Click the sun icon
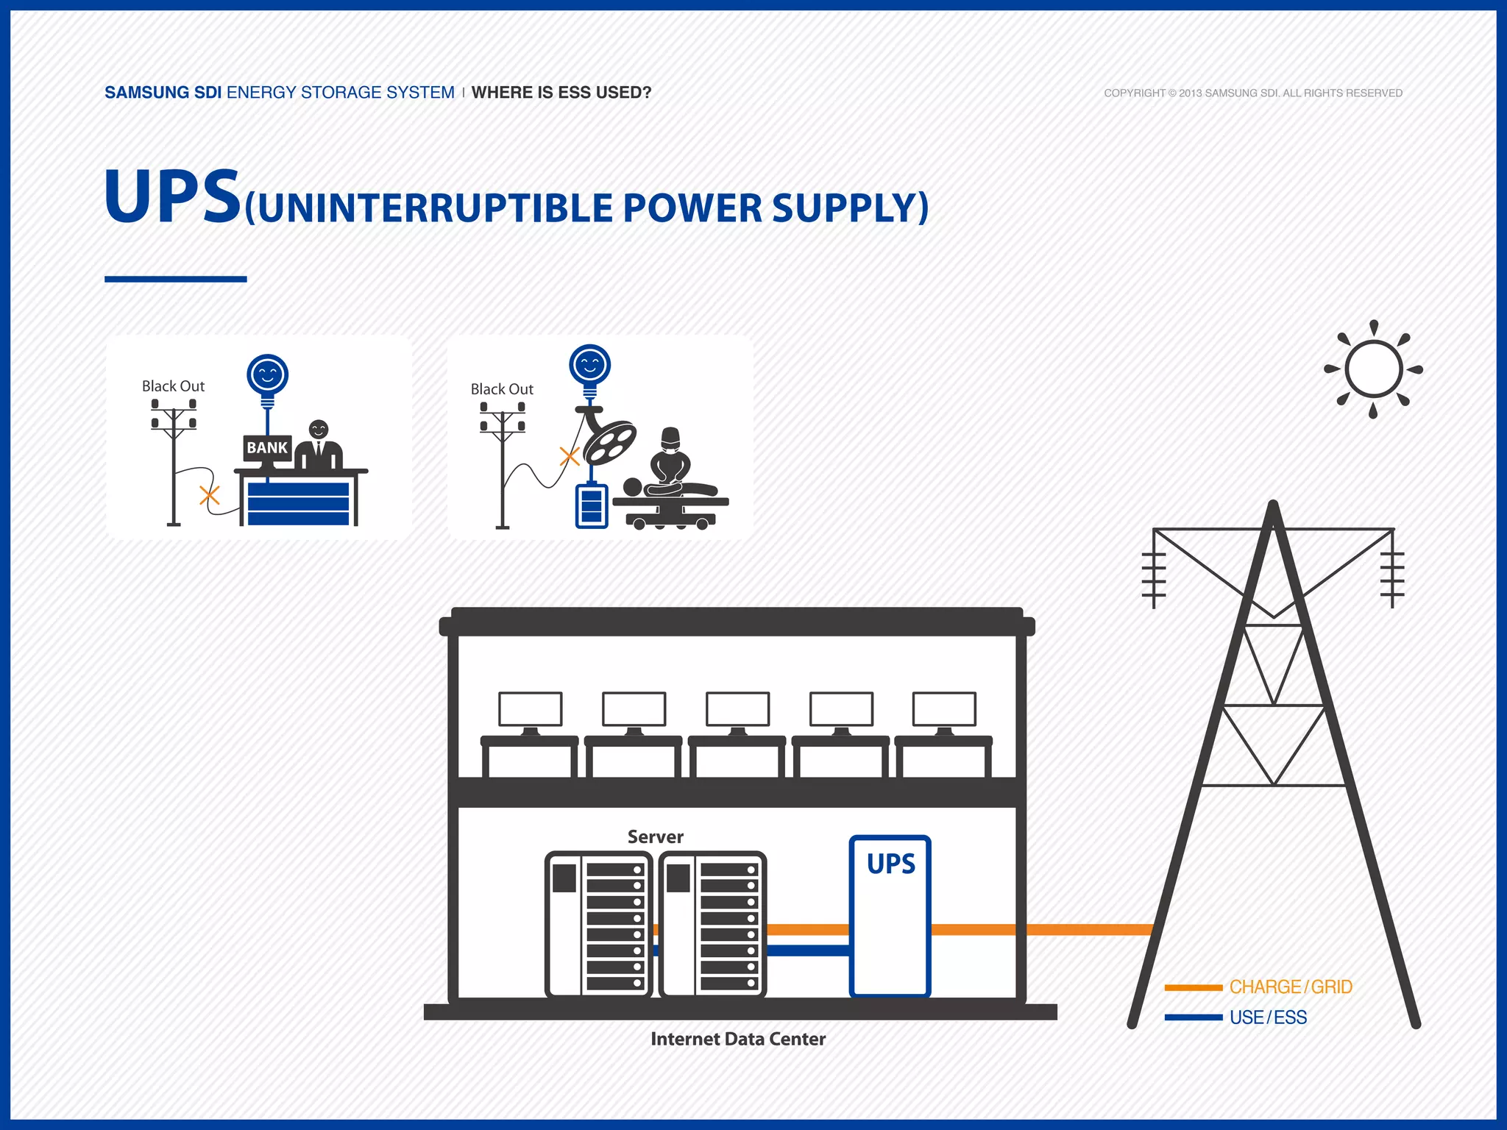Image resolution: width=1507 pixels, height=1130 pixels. (x=1373, y=369)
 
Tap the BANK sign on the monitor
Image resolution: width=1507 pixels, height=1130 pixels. (x=267, y=447)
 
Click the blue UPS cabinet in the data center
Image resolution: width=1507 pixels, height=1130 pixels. (x=890, y=917)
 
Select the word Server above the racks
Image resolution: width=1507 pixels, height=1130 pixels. (x=655, y=836)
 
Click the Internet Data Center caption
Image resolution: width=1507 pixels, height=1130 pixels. (x=738, y=1039)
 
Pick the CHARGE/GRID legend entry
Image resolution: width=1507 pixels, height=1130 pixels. (x=1290, y=987)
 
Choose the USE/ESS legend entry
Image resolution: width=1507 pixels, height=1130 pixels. (x=1268, y=1017)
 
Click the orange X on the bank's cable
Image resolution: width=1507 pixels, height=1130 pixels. (x=210, y=495)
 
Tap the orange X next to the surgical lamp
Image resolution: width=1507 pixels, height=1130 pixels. (x=570, y=456)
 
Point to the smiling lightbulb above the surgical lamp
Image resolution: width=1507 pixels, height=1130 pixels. (x=590, y=366)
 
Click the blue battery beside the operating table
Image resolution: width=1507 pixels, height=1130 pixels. (x=592, y=505)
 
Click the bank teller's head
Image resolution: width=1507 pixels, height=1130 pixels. (x=319, y=429)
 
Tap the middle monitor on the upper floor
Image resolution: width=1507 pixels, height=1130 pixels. (x=737, y=710)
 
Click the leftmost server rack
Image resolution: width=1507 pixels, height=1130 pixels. (x=598, y=925)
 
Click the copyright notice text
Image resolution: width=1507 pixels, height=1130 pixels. (x=1252, y=93)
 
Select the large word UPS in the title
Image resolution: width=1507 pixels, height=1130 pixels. (x=173, y=197)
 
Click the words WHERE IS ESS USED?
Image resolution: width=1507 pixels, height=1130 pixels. (x=561, y=93)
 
